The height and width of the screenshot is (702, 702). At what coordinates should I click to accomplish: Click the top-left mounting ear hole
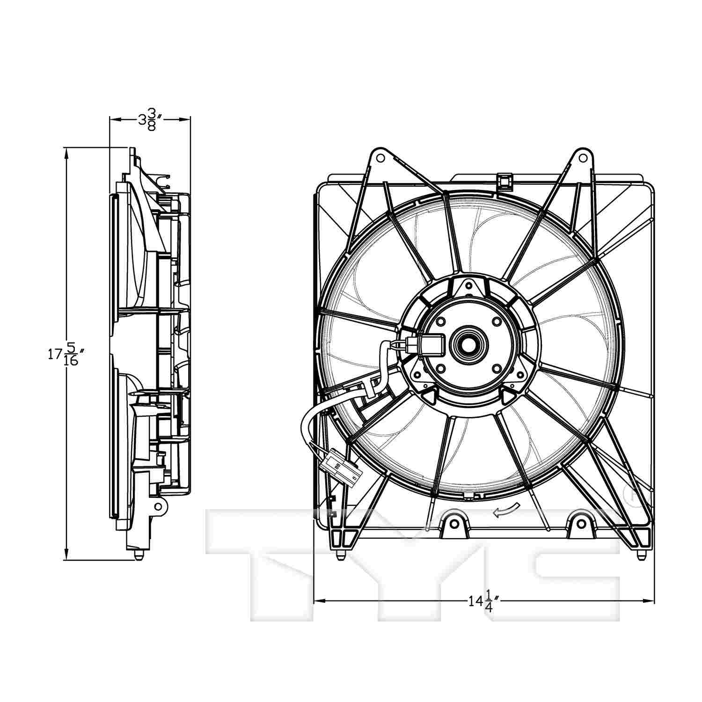pos(380,157)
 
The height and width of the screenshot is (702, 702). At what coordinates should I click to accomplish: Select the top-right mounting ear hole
pos(583,157)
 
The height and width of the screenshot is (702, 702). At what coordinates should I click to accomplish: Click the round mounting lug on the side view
pos(159,506)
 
